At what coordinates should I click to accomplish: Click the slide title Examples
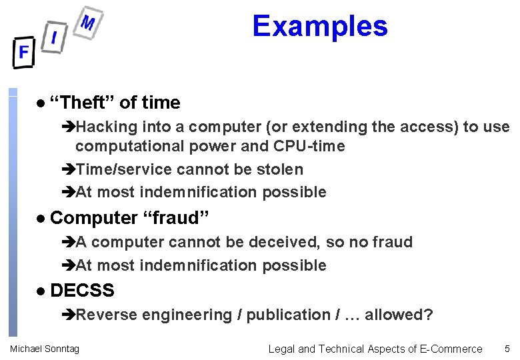[x=319, y=27]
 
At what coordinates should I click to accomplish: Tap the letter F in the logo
[x=24, y=52]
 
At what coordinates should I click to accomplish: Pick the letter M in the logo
[x=87, y=23]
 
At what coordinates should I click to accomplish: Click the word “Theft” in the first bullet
[x=83, y=103]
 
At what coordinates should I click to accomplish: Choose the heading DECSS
[x=82, y=291]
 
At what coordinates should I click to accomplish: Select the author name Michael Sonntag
[x=44, y=349]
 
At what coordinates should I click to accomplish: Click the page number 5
[x=507, y=349]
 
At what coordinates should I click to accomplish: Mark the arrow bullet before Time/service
[x=69, y=170]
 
